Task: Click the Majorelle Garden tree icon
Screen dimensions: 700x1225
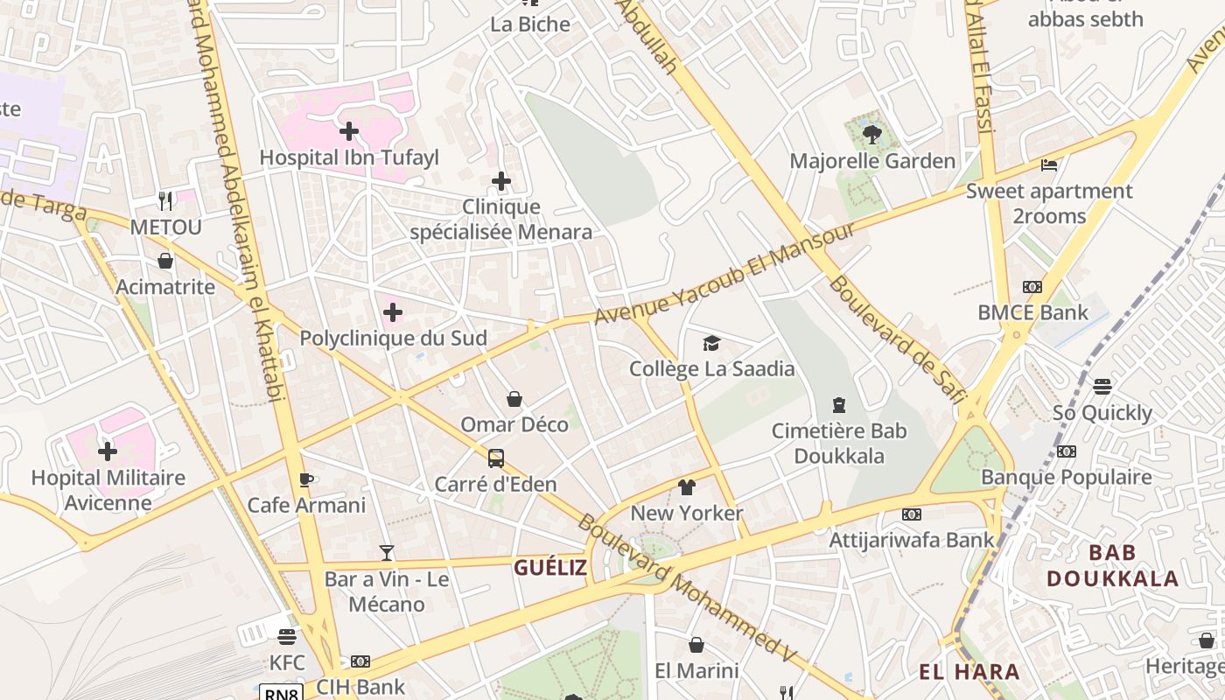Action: (x=871, y=134)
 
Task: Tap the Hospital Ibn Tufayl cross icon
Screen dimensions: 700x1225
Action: (x=348, y=131)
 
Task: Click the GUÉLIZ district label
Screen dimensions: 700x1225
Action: (x=550, y=567)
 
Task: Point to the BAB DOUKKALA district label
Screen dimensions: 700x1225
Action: (x=1113, y=565)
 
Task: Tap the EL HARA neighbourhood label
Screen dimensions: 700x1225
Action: (x=969, y=672)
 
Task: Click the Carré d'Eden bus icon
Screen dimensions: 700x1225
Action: (x=495, y=458)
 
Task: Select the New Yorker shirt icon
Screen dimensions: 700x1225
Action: (x=686, y=486)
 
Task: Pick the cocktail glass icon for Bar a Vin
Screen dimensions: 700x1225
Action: (x=386, y=552)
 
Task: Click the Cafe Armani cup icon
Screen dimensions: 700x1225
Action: (x=305, y=479)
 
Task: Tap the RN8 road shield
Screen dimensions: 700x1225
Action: (x=282, y=693)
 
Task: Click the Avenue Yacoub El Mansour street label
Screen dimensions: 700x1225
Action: (x=724, y=272)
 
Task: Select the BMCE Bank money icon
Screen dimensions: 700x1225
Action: (x=1032, y=286)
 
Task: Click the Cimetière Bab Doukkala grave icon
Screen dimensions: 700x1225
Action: (x=838, y=404)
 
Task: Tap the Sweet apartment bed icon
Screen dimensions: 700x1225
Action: (x=1049, y=164)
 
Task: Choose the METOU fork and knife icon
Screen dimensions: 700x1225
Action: (x=165, y=200)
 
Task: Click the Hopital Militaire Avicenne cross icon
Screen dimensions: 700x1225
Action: (x=107, y=451)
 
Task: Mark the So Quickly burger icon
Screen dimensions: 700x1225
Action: (x=1102, y=386)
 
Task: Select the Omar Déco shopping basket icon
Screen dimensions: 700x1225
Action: (x=514, y=399)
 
